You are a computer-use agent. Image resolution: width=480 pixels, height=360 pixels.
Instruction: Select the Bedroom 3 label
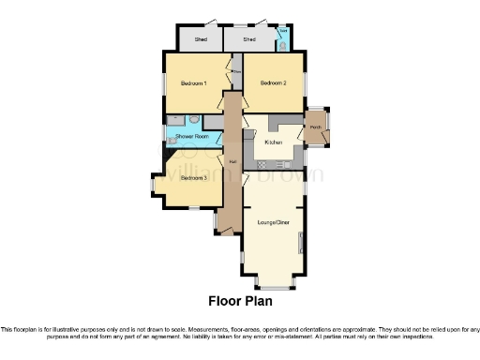tap(193, 177)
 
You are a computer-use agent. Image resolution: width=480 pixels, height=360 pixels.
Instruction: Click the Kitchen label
tap(273, 142)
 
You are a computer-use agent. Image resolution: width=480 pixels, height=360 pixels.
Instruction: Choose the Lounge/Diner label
tap(271, 224)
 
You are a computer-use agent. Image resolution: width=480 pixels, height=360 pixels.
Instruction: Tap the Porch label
tap(316, 127)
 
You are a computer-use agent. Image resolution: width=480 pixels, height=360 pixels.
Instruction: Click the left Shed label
tap(201, 40)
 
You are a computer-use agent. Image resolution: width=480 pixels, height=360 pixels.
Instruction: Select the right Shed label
tap(249, 40)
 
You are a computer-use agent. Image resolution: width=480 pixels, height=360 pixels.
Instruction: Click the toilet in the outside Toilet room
tap(282, 45)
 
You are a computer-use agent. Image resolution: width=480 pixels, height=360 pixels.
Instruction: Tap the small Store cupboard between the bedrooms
tap(237, 70)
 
